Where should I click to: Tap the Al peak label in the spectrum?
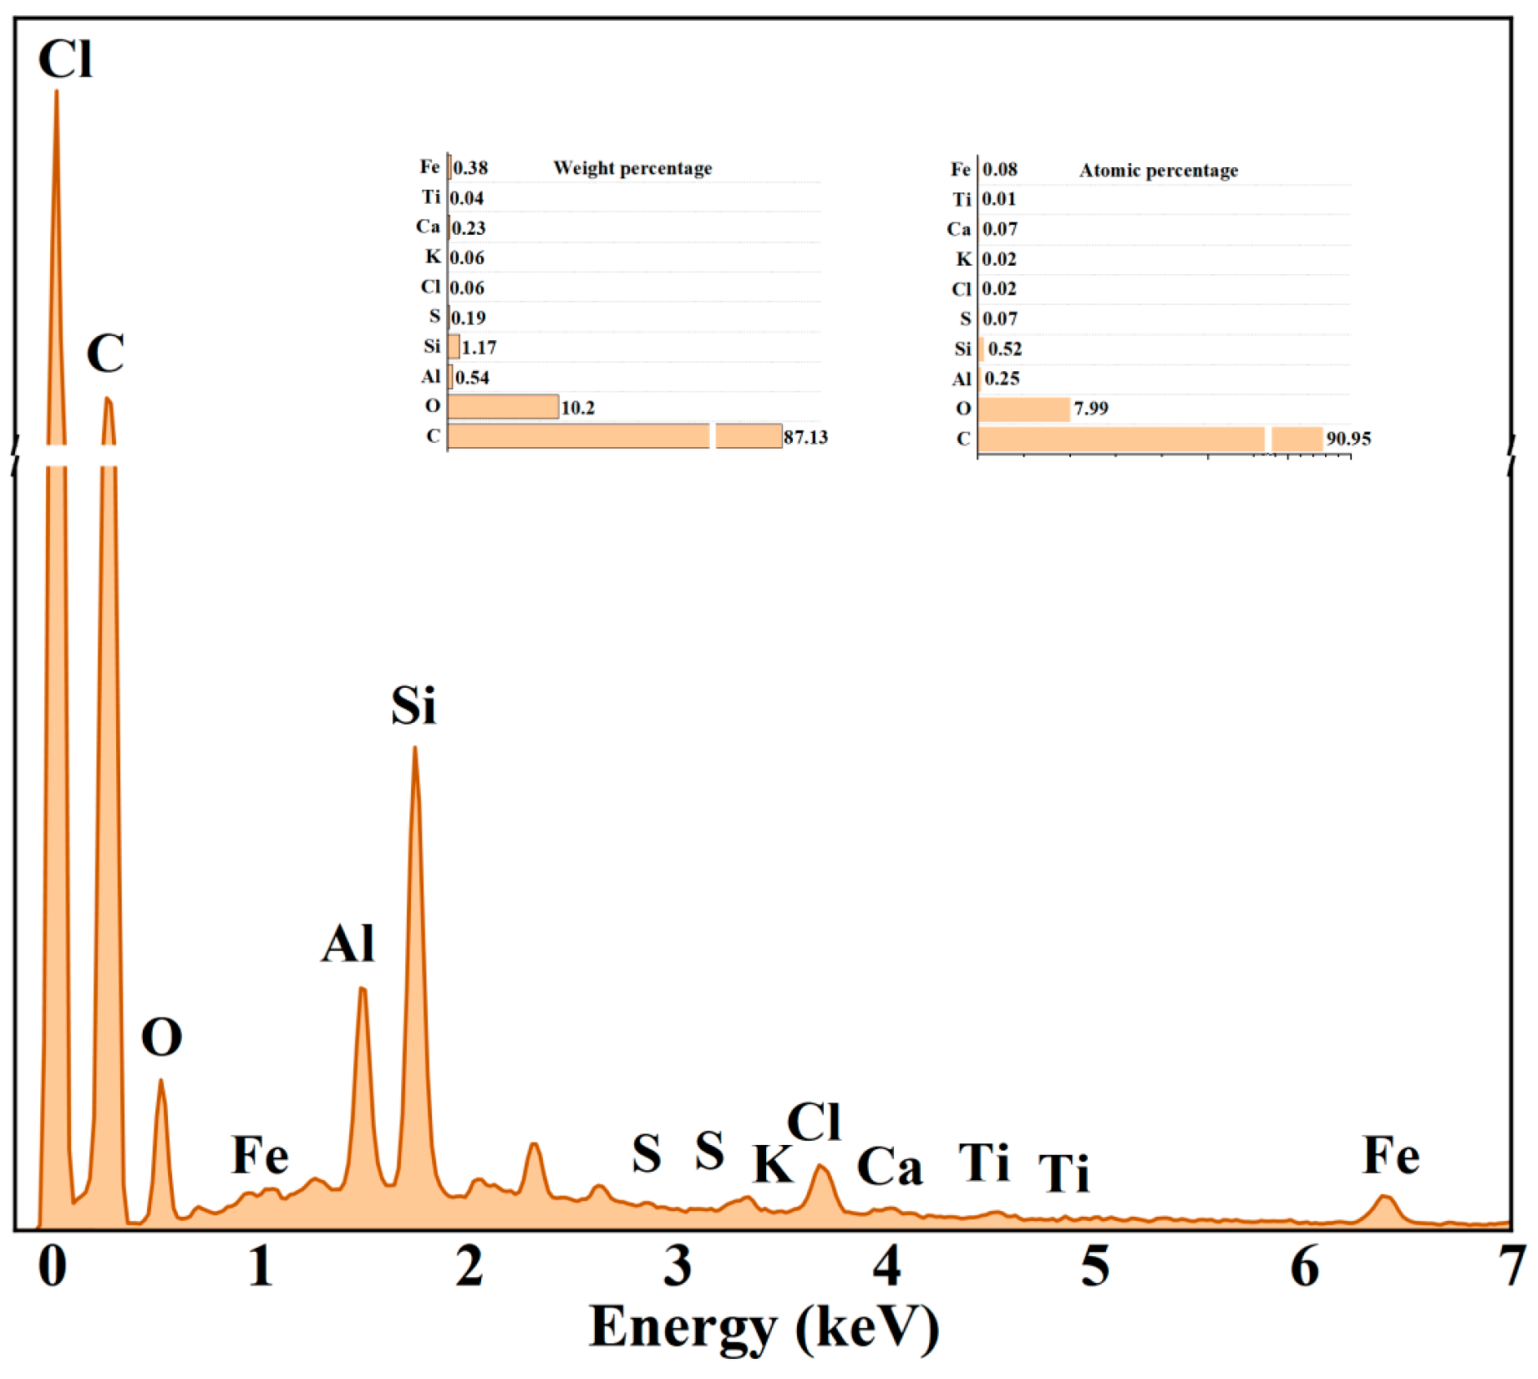coord(348,944)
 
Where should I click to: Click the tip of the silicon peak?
coord(414,749)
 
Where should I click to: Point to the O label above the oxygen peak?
coord(161,1038)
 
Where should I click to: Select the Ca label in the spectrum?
coord(889,1167)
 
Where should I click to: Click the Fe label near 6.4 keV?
coord(1390,1157)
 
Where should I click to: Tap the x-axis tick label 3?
coord(678,1265)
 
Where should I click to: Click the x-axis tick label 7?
coord(1512,1265)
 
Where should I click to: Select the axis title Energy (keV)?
coord(764,1327)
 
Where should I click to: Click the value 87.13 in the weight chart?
coord(805,437)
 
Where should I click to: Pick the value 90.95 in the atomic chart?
coord(1348,439)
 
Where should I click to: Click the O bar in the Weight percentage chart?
coord(503,407)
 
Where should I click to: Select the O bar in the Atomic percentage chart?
coord(1023,410)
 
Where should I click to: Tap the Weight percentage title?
coord(632,168)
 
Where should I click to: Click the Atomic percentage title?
coord(1158,170)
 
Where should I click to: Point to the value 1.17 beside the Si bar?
coord(479,347)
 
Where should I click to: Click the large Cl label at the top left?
coord(65,59)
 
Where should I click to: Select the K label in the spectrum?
coord(772,1163)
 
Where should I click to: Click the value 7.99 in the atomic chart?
coord(1091,409)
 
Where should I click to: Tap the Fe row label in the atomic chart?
coord(960,170)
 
